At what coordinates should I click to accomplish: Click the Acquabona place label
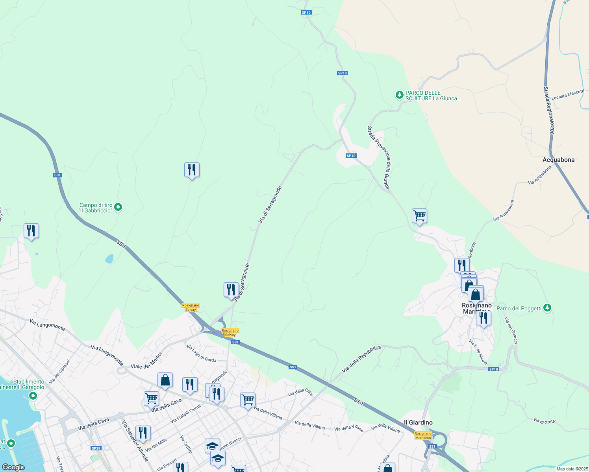coord(558,160)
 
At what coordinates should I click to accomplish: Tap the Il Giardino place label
coord(418,422)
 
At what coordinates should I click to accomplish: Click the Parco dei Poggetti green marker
coord(547,308)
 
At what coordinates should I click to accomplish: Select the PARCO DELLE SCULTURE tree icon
coord(399,95)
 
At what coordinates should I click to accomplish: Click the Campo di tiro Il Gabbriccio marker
coord(118,207)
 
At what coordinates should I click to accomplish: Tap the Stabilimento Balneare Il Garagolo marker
coord(33,396)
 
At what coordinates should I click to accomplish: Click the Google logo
coord(13,467)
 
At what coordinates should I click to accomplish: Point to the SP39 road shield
coord(96,448)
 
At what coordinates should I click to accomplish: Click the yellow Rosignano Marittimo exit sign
coord(423,435)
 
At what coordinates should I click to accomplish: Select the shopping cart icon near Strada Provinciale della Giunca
coord(419,216)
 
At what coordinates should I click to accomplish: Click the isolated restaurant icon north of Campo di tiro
coord(192,170)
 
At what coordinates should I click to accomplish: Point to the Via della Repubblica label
coord(361,359)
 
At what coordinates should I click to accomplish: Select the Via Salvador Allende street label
coord(135,441)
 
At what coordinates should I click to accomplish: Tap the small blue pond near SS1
coord(109,258)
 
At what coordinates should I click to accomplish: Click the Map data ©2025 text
coord(572,469)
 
